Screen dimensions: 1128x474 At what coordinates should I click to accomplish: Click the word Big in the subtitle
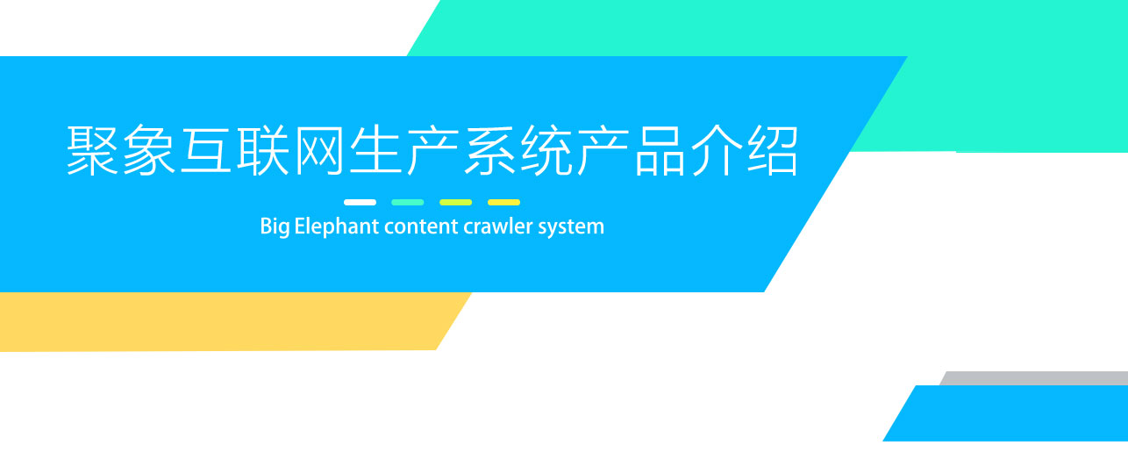pos(275,226)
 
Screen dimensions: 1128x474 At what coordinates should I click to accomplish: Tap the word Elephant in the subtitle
pos(337,226)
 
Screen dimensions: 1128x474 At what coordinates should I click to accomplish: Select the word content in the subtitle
pos(421,226)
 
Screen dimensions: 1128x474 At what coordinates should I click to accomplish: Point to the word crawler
pos(498,226)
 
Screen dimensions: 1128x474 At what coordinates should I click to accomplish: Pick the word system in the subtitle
pos(571,227)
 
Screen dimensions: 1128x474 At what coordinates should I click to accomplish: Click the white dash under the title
pos(360,203)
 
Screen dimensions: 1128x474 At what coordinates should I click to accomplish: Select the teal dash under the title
pos(407,203)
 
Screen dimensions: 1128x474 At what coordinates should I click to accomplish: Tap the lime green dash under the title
pos(456,203)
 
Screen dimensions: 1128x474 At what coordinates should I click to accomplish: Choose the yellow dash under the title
pos(503,203)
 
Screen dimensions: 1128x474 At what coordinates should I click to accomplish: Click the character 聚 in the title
pos(93,151)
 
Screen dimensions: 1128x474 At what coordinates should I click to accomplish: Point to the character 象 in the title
pos(149,151)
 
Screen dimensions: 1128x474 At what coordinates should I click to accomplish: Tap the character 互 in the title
pos(206,151)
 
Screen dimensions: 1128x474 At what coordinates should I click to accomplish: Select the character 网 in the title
pos(319,151)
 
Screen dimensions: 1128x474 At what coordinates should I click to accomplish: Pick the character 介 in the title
pos(717,151)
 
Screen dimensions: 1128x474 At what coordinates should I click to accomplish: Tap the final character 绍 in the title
pos(773,151)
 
